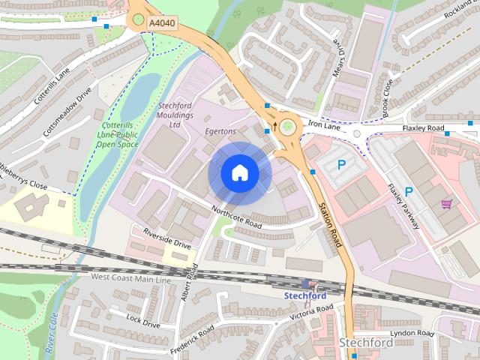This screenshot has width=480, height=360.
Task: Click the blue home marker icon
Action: point(238,173)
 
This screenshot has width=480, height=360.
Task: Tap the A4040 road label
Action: point(161,24)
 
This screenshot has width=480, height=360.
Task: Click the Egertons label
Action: point(220,131)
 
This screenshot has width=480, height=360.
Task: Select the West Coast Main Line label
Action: point(131,278)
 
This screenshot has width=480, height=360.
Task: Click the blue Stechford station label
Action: point(304,295)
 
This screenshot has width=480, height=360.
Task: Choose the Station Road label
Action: point(330,225)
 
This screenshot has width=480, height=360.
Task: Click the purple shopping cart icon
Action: point(447,203)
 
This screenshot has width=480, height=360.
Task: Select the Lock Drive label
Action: point(143,321)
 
